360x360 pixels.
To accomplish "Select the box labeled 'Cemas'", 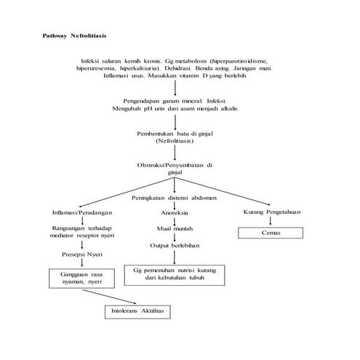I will pyautogui.click(x=271, y=233).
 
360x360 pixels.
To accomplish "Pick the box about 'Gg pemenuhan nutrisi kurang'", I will pyautogui.click(x=175, y=274).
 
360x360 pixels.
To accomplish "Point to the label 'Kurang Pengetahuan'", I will pyautogui.click(x=271, y=212).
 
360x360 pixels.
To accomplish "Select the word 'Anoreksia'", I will pyautogui.click(x=175, y=213).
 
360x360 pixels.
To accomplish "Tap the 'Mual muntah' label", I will pyautogui.click(x=175, y=229).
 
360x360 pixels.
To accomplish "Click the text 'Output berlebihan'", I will pyautogui.click(x=175, y=245).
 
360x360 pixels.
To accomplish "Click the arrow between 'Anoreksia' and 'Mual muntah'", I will pyautogui.click(x=175, y=221).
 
